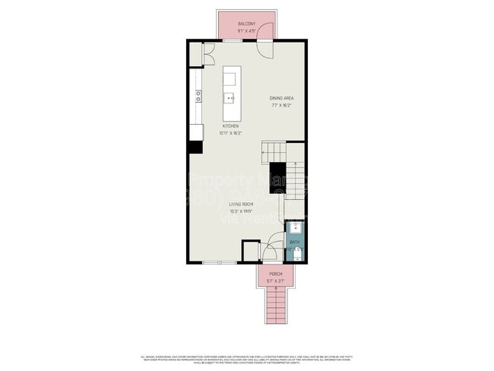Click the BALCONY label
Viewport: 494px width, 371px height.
[x=246, y=24]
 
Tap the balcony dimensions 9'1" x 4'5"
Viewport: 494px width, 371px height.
[x=246, y=30]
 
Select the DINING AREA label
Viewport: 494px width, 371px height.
[x=283, y=99]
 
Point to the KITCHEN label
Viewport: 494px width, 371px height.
[x=230, y=125]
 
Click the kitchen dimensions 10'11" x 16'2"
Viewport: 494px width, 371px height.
[x=230, y=132]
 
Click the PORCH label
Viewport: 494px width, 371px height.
[x=275, y=274]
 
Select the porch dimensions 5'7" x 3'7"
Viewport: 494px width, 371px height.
[x=275, y=281]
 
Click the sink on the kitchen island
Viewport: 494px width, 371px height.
[x=230, y=97]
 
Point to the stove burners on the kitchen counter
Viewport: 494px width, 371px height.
[x=198, y=95]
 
